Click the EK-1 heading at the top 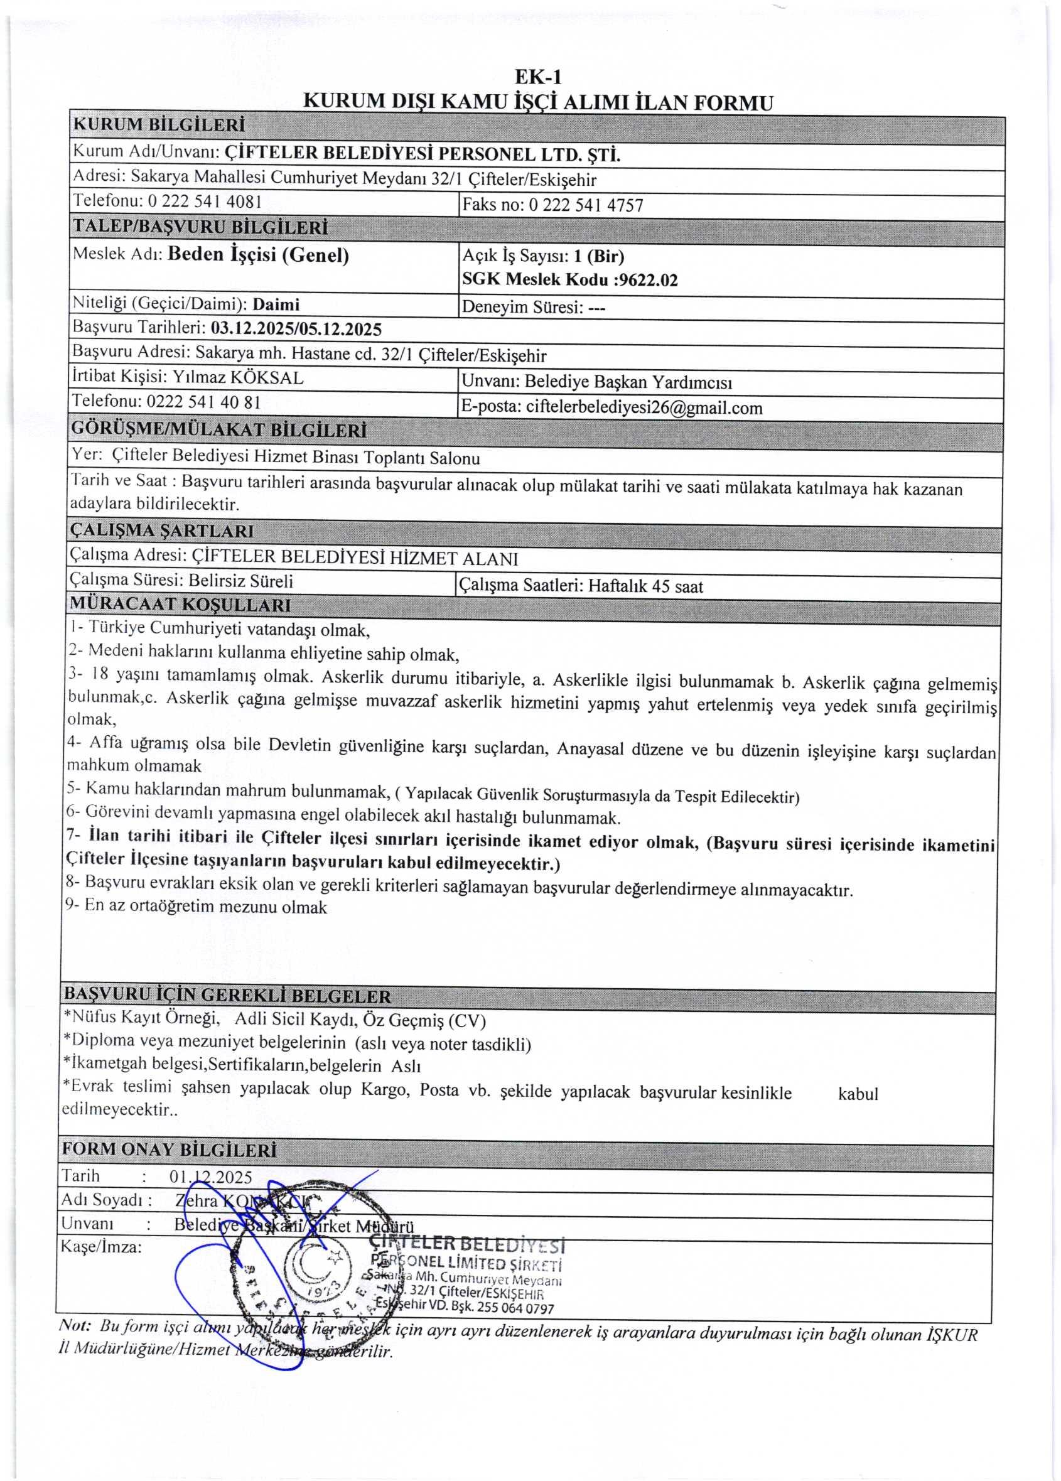click(x=538, y=77)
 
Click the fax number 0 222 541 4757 click(x=585, y=206)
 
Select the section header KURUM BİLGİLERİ click(x=159, y=124)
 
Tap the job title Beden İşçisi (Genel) click(x=258, y=255)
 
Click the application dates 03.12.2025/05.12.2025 click(x=296, y=328)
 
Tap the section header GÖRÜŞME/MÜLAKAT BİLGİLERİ click(x=218, y=430)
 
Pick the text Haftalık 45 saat click(x=645, y=586)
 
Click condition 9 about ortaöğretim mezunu click(x=196, y=907)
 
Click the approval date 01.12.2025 click(x=210, y=1177)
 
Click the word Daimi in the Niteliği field click(x=276, y=304)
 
